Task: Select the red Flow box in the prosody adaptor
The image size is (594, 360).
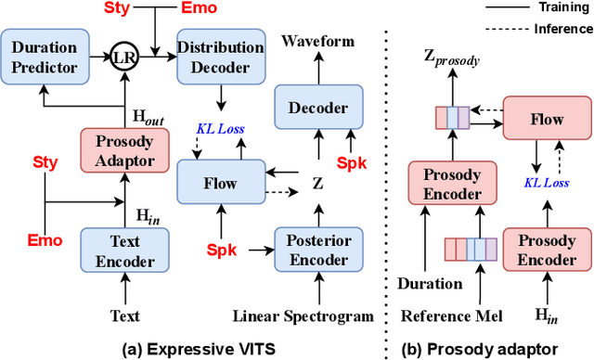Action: tap(546, 120)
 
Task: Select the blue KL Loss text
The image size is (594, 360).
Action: tap(220, 128)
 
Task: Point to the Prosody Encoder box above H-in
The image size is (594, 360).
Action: tap(546, 251)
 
